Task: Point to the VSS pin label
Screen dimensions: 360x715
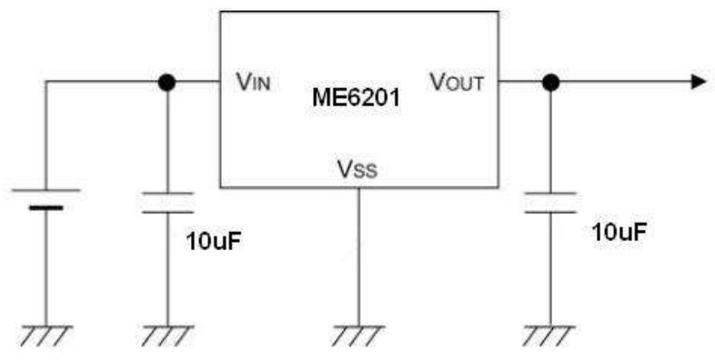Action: coord(357,169)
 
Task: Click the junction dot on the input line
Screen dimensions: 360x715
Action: coord(166,82)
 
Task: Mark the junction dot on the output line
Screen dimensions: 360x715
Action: coord(549,82)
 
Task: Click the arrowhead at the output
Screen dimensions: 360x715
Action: coord(699,82)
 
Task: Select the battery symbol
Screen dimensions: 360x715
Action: coord(45,199)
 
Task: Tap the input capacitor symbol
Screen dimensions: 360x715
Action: coord(166,202)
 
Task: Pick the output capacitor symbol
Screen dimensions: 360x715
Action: coord(549,202)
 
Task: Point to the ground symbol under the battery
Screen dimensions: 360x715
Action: coord(45,335)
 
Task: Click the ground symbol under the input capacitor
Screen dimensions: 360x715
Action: coord(166,335)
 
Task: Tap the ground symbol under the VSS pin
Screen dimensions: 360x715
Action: coord(357,335)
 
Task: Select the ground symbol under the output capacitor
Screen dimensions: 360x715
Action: coord(549,335)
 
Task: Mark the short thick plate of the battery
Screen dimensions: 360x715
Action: coord(45,208)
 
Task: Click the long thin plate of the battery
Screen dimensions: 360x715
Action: coord(45,190)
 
